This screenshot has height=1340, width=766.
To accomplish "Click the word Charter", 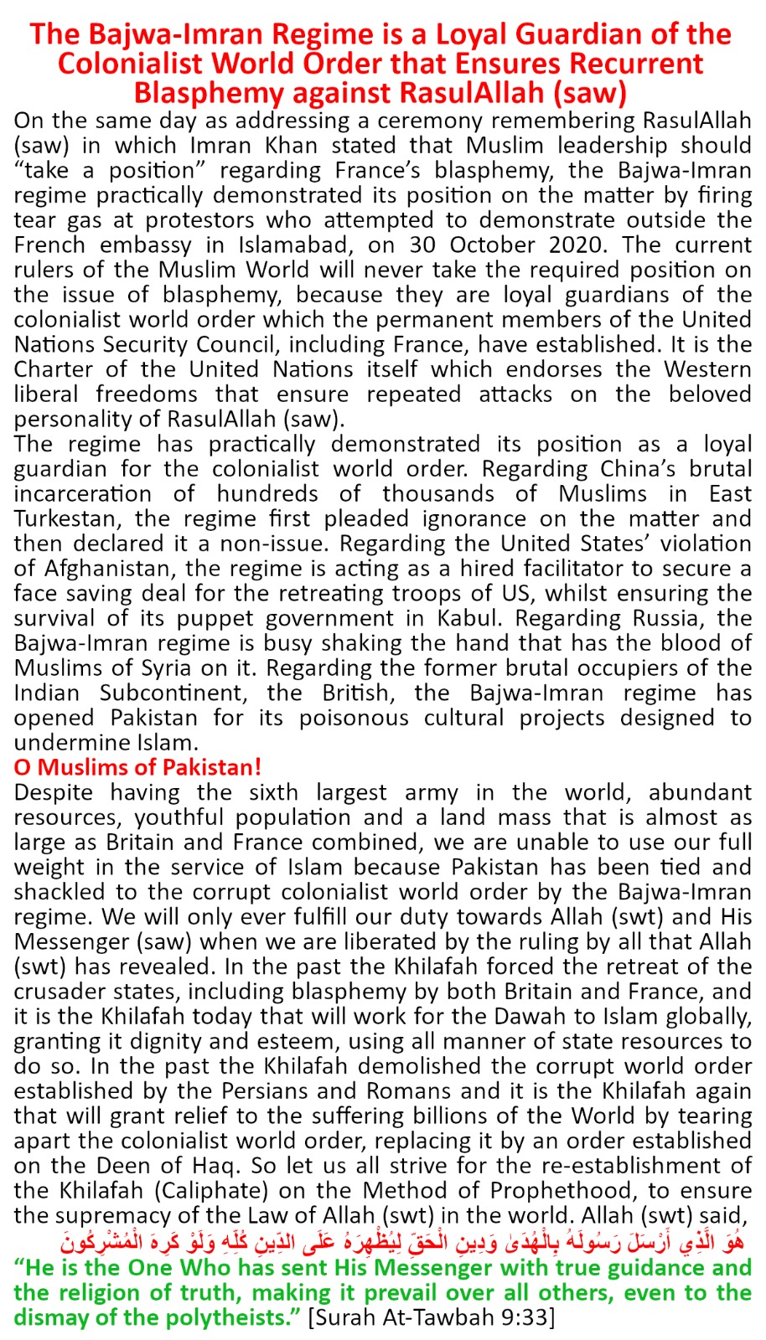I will pyautogui.click(x=54, y=369).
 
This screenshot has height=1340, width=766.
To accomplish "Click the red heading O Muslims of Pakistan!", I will pyautogui.click(x=137, y=768).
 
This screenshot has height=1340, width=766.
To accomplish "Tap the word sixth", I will pyautogui.click(x=273, y=792).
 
